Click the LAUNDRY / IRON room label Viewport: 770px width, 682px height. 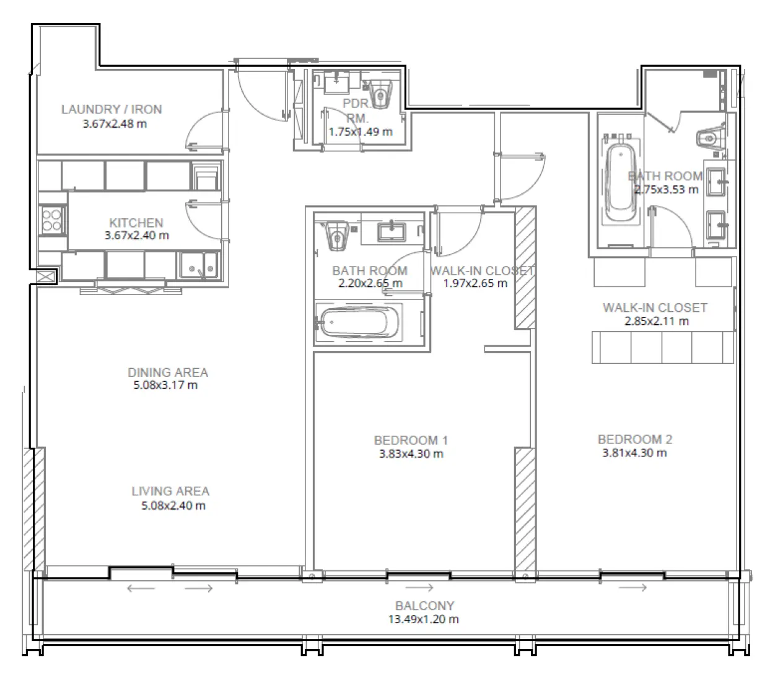112,109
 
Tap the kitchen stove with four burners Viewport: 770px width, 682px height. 51,220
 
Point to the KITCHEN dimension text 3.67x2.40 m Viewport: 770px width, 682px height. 136,236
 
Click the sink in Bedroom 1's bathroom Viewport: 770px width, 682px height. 392,231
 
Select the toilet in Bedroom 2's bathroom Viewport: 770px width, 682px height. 709,137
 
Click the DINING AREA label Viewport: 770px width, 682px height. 168,372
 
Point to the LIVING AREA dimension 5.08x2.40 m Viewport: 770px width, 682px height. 173,505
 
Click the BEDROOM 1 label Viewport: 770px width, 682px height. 411,440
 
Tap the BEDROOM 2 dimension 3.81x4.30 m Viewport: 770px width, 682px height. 634,453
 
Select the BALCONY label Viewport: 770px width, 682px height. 424,606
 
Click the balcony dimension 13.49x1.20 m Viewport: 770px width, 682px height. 424,619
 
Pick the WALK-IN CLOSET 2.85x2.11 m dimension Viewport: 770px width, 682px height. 656,321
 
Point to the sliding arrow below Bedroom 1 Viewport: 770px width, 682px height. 419,587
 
